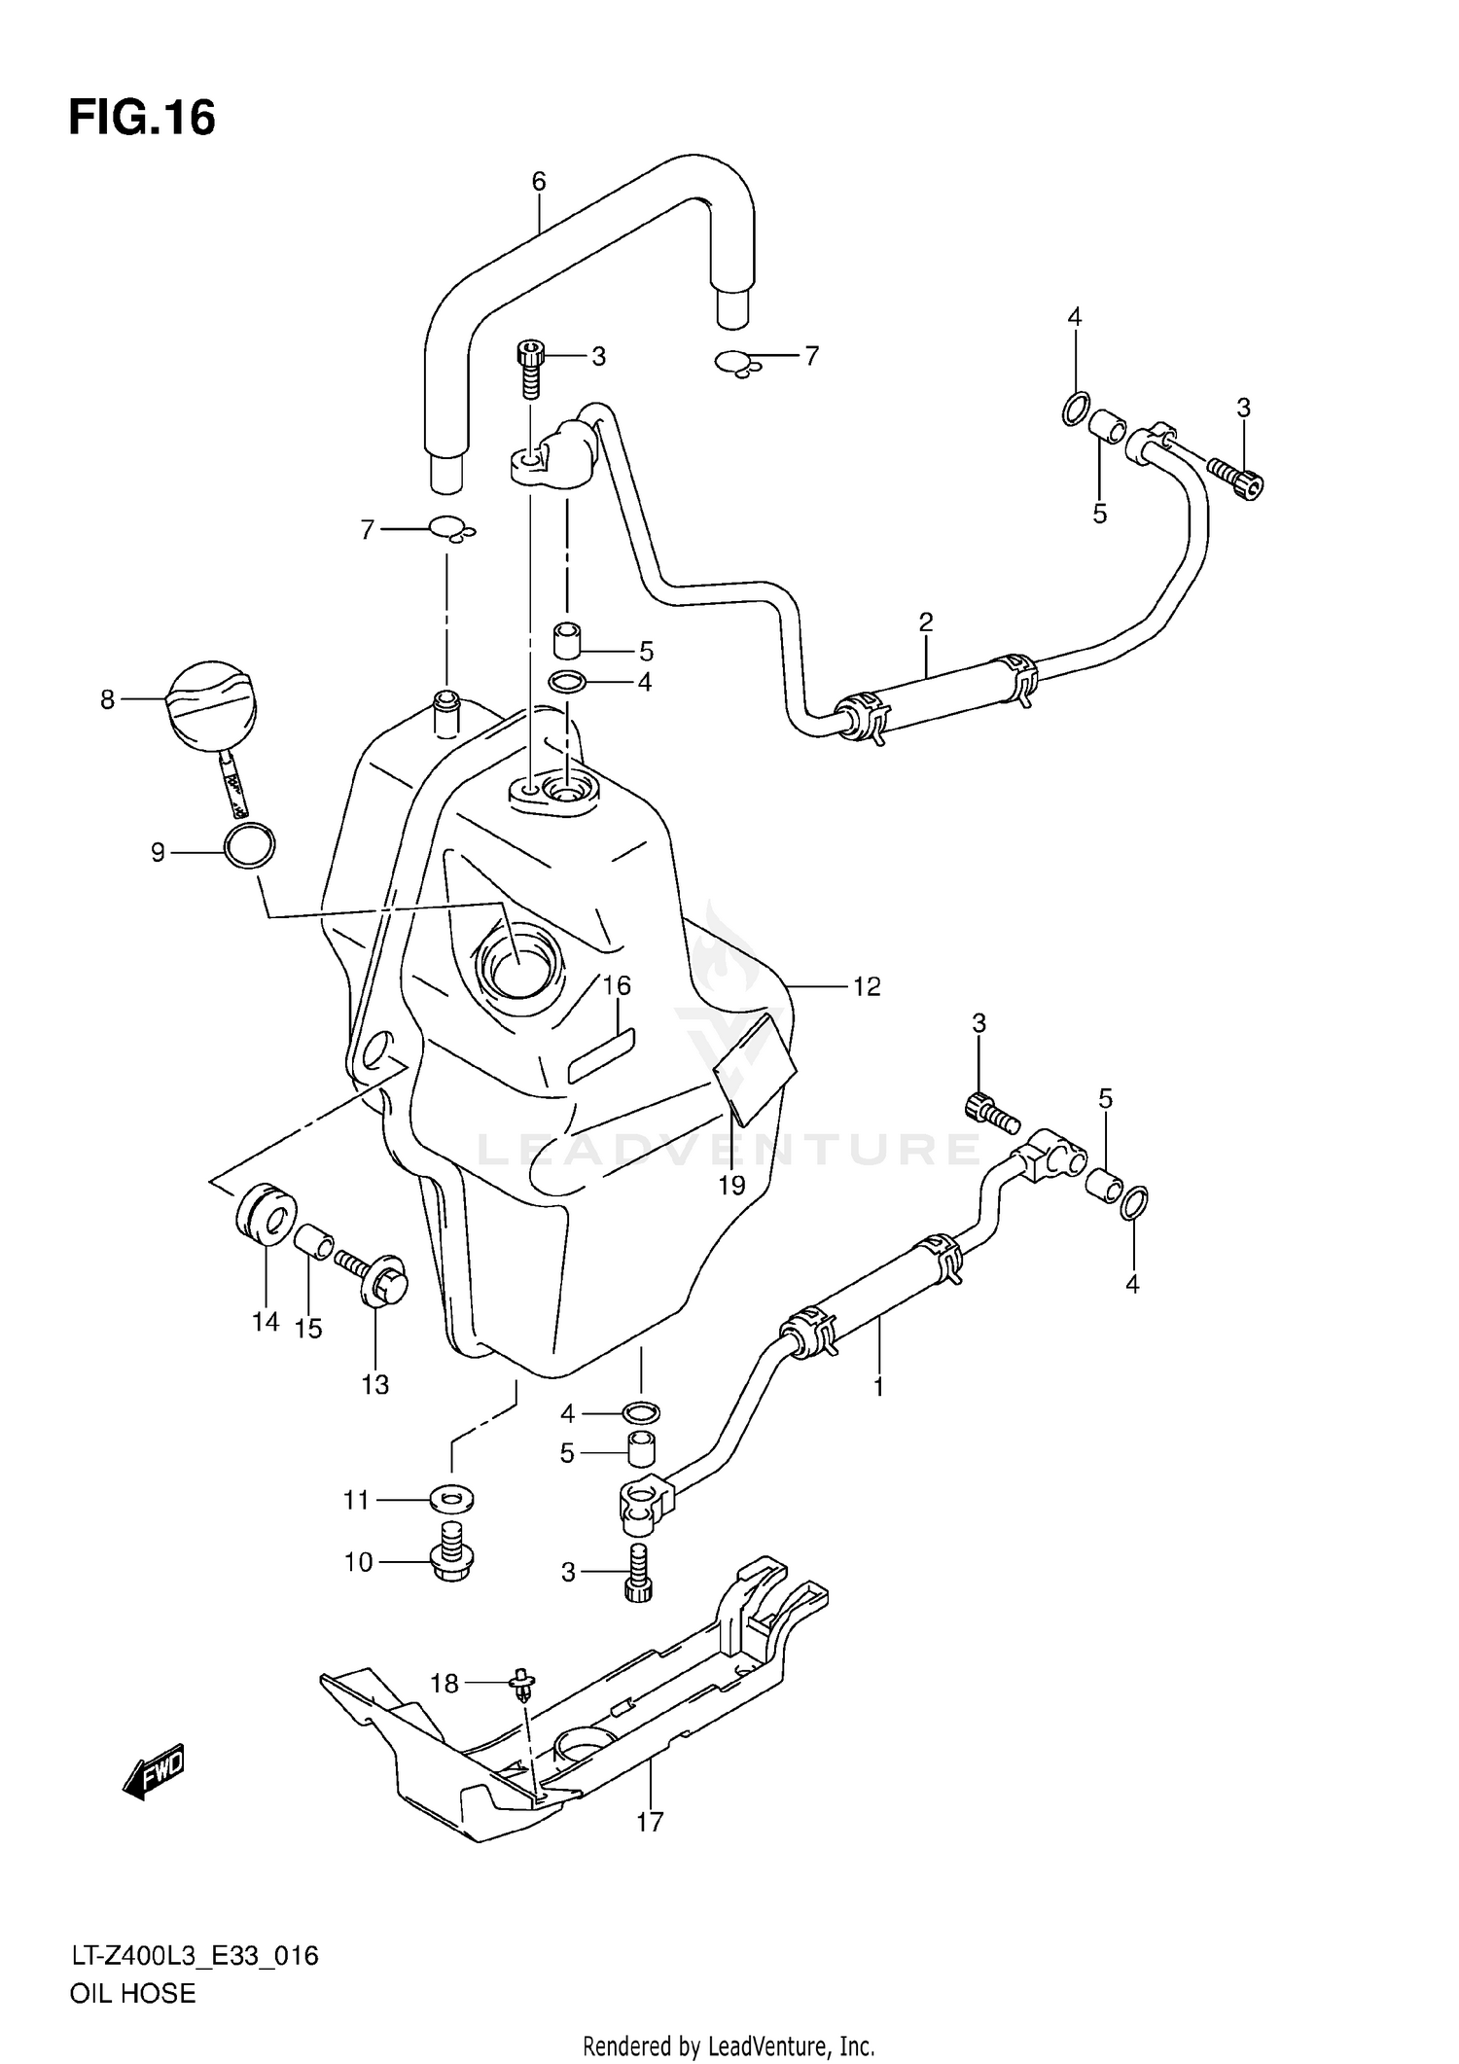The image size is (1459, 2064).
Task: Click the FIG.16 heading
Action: point(142,119)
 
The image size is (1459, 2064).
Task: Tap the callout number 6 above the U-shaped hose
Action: point(538,181)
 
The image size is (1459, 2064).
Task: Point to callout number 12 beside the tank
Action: point(866,986)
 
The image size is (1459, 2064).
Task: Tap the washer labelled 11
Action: point(452,1500)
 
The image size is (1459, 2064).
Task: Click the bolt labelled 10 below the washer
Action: point(449,1556)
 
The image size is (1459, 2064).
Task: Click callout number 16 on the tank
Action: point(617,985)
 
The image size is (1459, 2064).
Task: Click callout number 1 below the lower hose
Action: point(878,1386)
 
